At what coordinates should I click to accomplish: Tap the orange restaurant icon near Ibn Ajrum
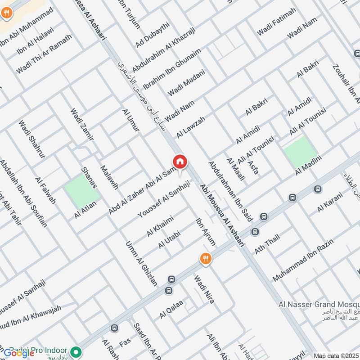pyautogui.click(x=205, y=258)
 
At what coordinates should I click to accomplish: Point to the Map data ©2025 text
pyautogui.click(x=336, y=355)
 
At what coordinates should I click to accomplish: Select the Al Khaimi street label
pyautogui.click(x=160, y=225)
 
